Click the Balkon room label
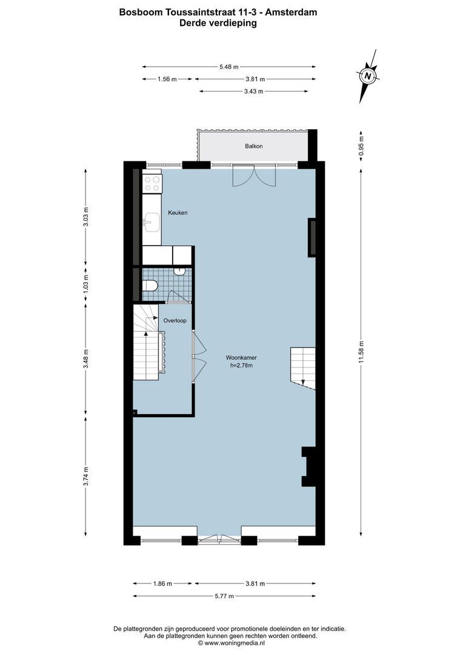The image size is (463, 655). (x=254, y=146)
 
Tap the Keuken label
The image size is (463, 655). (x=178, y=213)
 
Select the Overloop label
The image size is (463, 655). (x=175, y=320)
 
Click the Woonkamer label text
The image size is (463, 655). (x=241, y=357)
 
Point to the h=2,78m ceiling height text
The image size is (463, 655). (x=241, y=366)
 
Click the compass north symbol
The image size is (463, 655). (x=367, y=76)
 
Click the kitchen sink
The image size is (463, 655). (x=149, y=223)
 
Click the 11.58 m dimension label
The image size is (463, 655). (x=362, y=351)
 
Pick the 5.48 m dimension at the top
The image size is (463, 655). (x=228, y=67)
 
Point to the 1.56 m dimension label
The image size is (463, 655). (x=167, y=79)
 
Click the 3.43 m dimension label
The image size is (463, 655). (x=253, y=92)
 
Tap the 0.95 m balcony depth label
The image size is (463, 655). (x=362, y=146)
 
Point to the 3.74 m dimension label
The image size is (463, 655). (x=86, y=475)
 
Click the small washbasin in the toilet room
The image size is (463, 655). (x=181, y=272)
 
